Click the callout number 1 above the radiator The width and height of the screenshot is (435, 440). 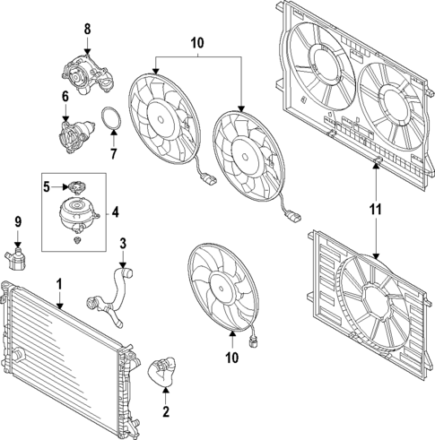[x=59, y=284]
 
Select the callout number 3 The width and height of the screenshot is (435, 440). [x=124, y=243]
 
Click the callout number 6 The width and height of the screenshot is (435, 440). [x=65, y=96]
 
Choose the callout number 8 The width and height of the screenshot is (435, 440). [x=87, y=30]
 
